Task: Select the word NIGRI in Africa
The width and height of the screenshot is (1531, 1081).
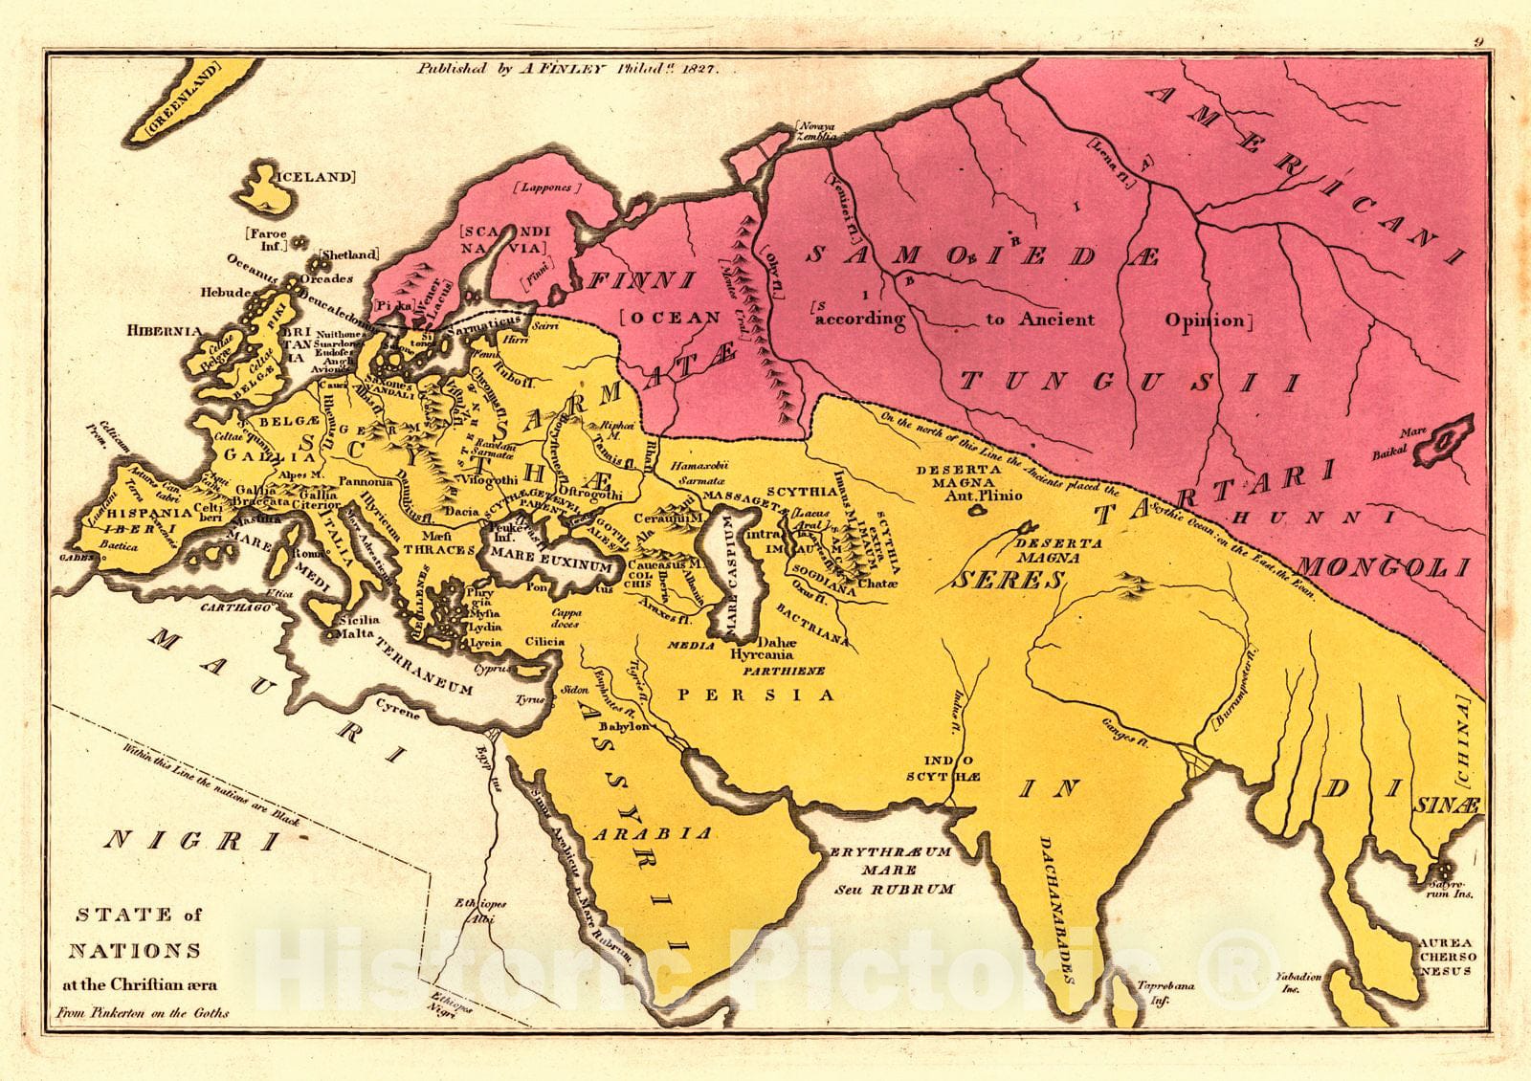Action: (x=195, y=841)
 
